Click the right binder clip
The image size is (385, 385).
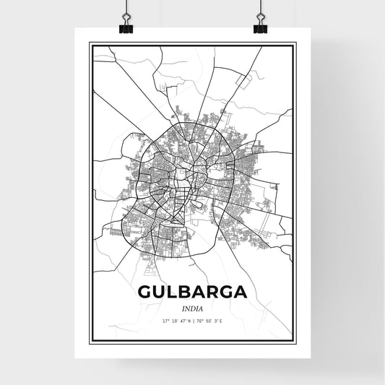pos(260,22)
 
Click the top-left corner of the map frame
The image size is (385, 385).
pos(90,44)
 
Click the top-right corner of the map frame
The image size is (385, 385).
pos(295,44)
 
